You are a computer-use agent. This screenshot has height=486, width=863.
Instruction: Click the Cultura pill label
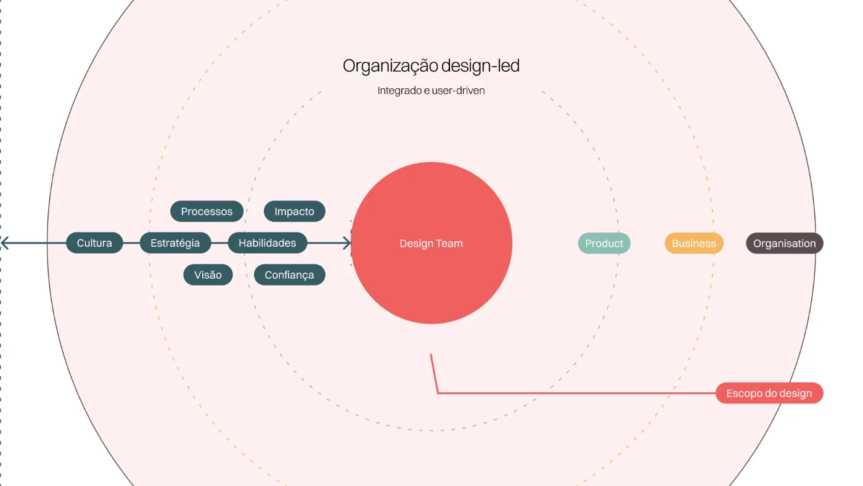(x=94, y=243)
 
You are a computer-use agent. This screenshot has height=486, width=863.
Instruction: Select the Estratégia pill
(x=175, y=243)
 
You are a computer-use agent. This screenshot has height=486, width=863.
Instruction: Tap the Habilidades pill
(x=267, y=243)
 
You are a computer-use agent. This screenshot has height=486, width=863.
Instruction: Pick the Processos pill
(x=207, y=212)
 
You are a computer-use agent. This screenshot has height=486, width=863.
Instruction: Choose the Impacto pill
(x=294, y=212)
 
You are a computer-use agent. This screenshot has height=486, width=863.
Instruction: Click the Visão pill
(x=208, y=275)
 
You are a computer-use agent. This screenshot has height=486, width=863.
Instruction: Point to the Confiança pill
(x=289, y=275)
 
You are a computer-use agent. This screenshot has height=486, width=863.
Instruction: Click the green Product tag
(x=604, y=244)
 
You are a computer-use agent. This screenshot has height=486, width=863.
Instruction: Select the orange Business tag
(x=693, y=244)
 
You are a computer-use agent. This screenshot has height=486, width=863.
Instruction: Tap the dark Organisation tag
(x=784, y=244)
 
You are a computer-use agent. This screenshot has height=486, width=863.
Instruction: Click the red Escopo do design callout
(x=769, y=393)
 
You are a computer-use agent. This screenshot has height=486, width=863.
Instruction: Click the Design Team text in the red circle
(x=431, y=244)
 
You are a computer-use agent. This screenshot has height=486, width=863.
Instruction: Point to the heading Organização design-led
(x=431, y=66)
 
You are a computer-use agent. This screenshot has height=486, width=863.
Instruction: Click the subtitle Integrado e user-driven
(x=431, y=91)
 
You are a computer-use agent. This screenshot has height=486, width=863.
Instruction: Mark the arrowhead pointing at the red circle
(x=347, y=243)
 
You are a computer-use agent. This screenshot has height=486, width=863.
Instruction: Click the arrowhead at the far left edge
(x=4, y=243)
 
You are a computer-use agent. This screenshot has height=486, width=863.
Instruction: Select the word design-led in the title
(x=480, y=66)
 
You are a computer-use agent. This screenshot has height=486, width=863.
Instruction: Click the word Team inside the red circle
(x=449, y=244)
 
